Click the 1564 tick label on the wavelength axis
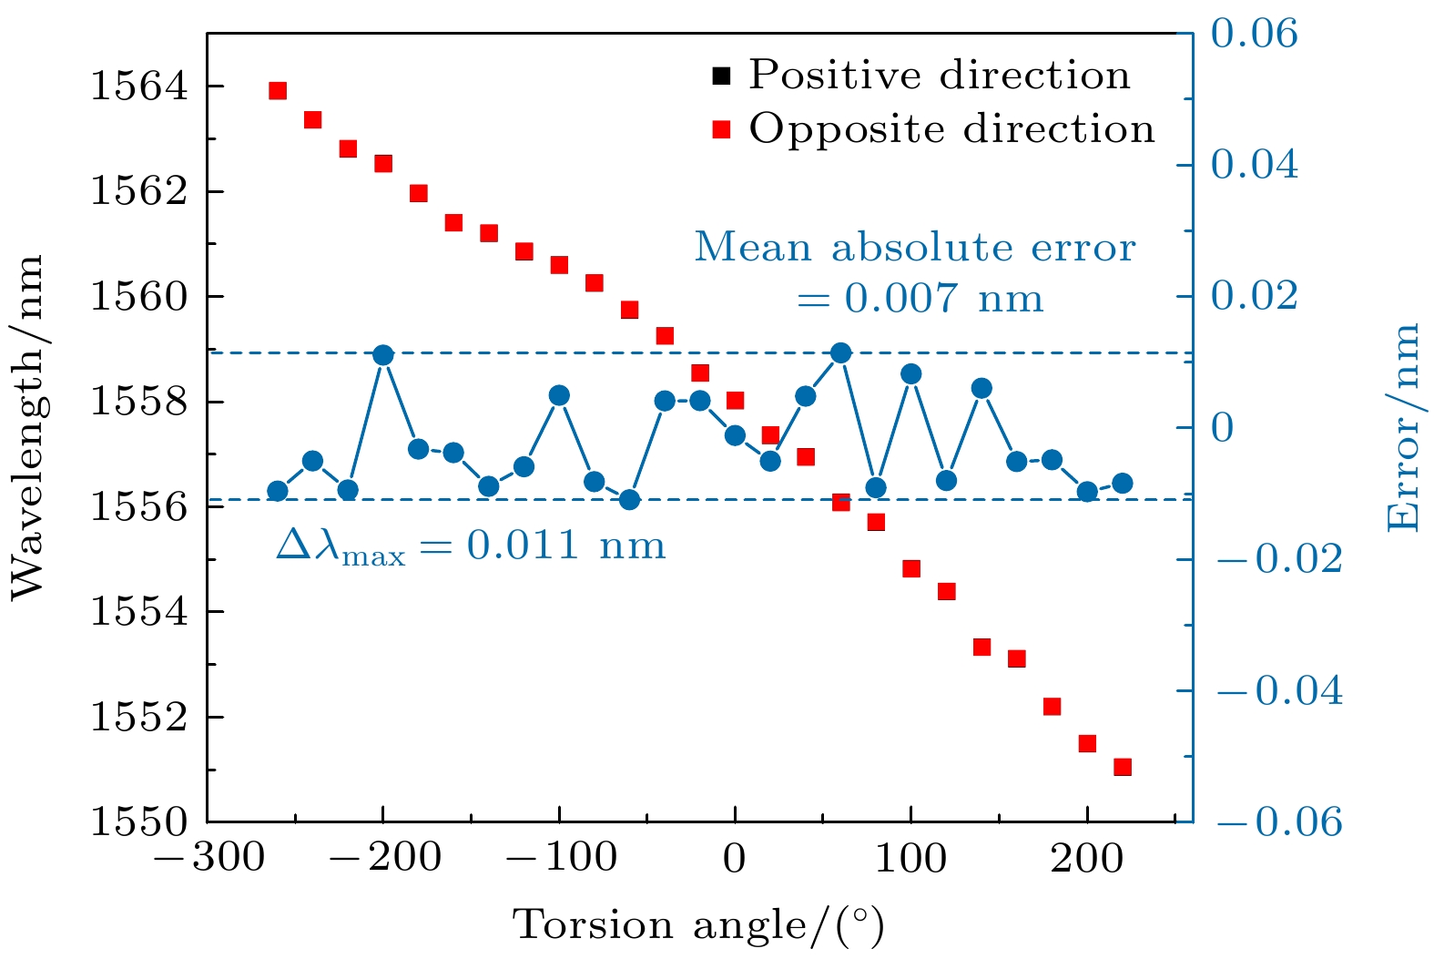coord(138,87)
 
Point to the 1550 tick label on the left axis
coord(138,822)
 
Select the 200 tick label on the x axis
coord(1087,859)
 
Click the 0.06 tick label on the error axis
coord(1254,34)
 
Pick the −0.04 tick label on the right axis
coord(1277,691)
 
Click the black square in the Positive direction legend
coord(722,76)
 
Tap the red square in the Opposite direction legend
coord(722,129)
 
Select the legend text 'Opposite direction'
coord(951,129)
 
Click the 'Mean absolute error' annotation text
coord(915,248)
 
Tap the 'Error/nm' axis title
coord(1403,427)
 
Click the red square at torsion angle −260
coord(278,90)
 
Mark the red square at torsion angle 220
coord(1123,767)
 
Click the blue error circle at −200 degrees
coord(383,355)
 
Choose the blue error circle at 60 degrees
coord(841,352)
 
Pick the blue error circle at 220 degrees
coord(1123,483)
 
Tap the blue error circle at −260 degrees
coord(278,492)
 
